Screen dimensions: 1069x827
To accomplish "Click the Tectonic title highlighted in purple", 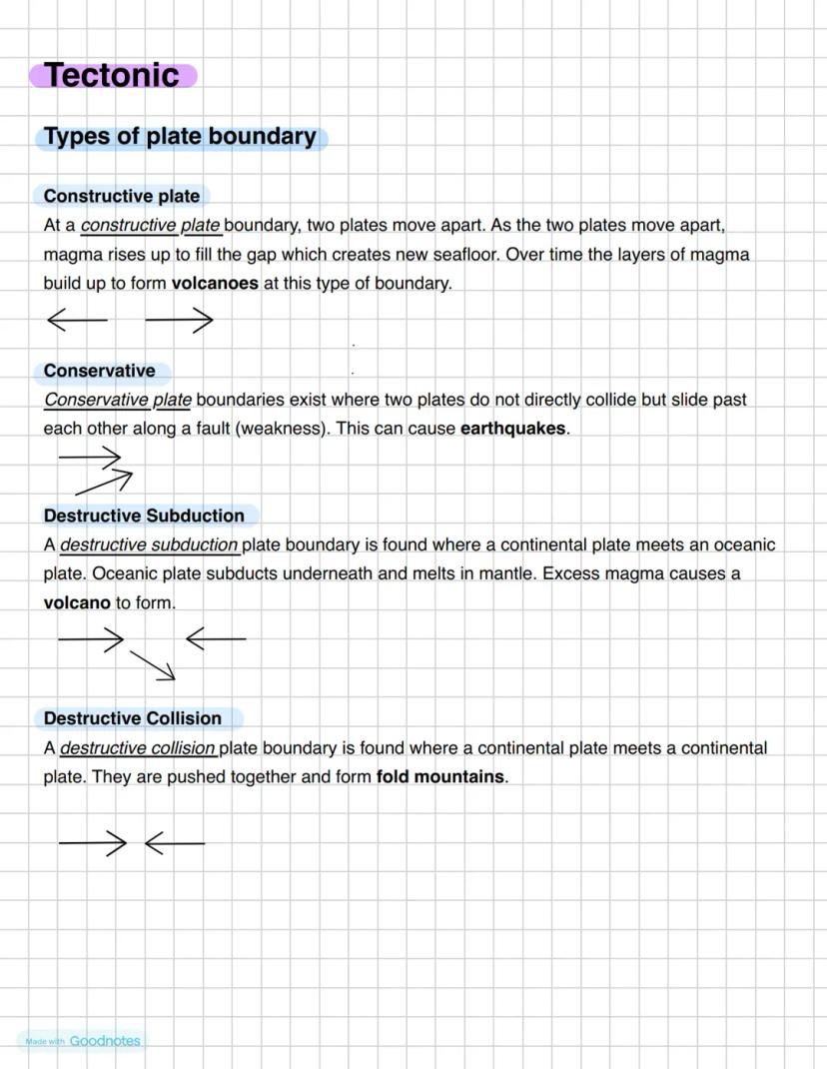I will tap(112, 75).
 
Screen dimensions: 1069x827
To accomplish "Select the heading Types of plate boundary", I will tap(180, 137).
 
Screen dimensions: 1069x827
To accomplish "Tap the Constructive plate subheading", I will tap(122, 196).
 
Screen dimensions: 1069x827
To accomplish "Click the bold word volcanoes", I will tap(215, 283).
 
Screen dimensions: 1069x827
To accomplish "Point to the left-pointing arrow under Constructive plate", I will tap(77, 320).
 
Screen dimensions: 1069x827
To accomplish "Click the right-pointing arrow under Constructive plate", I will tap(180, 320).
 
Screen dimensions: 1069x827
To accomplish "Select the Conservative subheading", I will tap(99, 371).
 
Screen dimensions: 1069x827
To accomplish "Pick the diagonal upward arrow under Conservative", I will tap(104, 483).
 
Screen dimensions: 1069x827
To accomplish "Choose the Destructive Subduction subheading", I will tap(144, 516).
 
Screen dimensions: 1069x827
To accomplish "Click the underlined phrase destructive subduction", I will tap(149, 545).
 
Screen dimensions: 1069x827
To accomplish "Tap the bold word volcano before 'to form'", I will tap(77, 602).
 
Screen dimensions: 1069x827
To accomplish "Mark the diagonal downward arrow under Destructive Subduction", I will tap(153, 665).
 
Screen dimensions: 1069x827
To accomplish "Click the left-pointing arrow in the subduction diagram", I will tap(216, 637).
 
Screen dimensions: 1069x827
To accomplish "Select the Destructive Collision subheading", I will tap(133, 718).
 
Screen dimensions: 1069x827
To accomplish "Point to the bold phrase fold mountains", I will tap(440, 776).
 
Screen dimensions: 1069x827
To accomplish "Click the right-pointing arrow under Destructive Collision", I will tap(92, 843).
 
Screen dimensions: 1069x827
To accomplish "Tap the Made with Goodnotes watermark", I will tap(83, 1041).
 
